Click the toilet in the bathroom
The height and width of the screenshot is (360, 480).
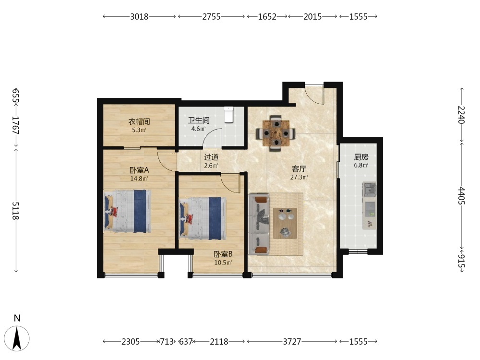pos(228,115)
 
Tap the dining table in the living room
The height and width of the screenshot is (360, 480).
pos(276,133)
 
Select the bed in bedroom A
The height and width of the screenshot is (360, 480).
pos(127,211)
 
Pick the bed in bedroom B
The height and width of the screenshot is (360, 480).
pos(203,218)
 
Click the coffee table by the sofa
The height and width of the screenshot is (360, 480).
pos(285,223)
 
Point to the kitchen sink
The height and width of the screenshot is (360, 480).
pos(370,189)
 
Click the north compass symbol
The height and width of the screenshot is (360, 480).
pos(17,338)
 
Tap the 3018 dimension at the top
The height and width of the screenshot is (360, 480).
pos(139,16)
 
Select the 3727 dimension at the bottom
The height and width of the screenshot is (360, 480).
pos(292,341)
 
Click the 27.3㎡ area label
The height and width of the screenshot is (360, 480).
pos(299,177)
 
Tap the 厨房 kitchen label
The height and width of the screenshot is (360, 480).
pos(361,157)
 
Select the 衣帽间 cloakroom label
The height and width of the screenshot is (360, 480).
pos(139,121)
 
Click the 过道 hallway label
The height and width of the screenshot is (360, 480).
pos(211,157)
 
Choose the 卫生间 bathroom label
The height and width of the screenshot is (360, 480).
pos(199,120)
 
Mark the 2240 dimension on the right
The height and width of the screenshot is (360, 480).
pos(461,115)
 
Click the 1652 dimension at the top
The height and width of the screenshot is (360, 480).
pos(267,16)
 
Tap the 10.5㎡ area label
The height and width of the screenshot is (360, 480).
pos(223,263)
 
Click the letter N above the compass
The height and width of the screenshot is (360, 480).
pos(17,318)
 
